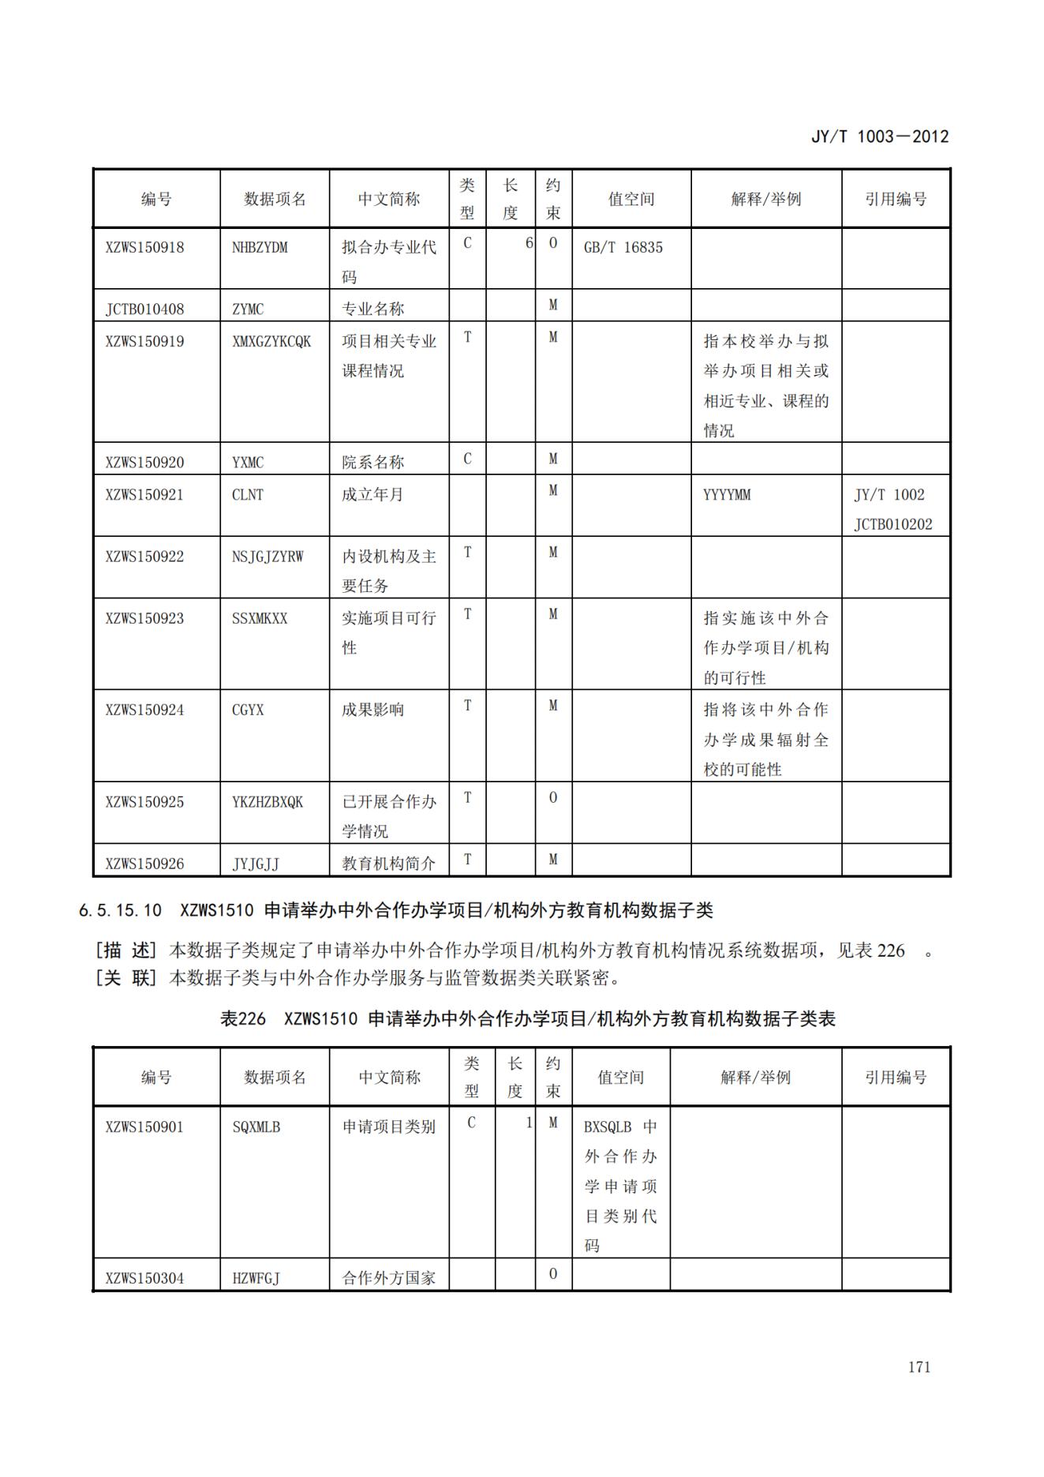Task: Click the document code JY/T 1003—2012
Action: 880,137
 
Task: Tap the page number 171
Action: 919,1367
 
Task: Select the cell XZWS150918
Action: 144,247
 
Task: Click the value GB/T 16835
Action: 623,247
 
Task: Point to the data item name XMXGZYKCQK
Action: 271,341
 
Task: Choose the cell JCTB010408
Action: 144,309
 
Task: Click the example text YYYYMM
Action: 727,495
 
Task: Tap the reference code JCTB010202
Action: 892,524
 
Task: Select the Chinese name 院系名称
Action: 372,462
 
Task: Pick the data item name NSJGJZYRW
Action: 268,557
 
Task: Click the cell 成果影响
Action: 372,710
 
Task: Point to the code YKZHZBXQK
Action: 268,802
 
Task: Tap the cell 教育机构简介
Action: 388,864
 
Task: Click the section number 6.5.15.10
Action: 120,910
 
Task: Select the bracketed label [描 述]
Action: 126,950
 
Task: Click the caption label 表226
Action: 242,1019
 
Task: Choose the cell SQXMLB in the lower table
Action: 256,1127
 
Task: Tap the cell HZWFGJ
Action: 256,1278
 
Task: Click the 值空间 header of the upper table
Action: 631,199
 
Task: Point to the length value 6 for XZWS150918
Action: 529,243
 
